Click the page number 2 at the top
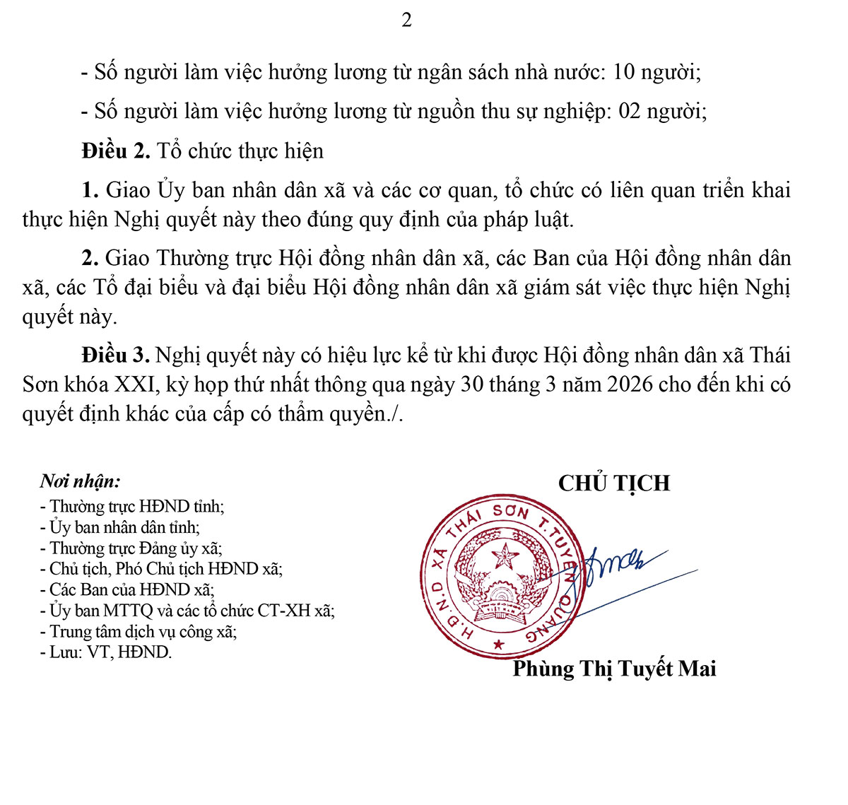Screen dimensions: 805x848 [406, 20]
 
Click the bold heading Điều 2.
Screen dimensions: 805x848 [116, 151]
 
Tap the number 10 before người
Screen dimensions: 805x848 [624, 72]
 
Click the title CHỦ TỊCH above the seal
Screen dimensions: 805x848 [613, 483]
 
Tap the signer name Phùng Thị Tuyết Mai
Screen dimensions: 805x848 [614, 669]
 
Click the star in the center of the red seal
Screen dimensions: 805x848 [505, 556]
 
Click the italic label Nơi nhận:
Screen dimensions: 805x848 [80, 481]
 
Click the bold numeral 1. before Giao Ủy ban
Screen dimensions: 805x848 [90, 190]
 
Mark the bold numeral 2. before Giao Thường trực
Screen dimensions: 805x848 [90, 258]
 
